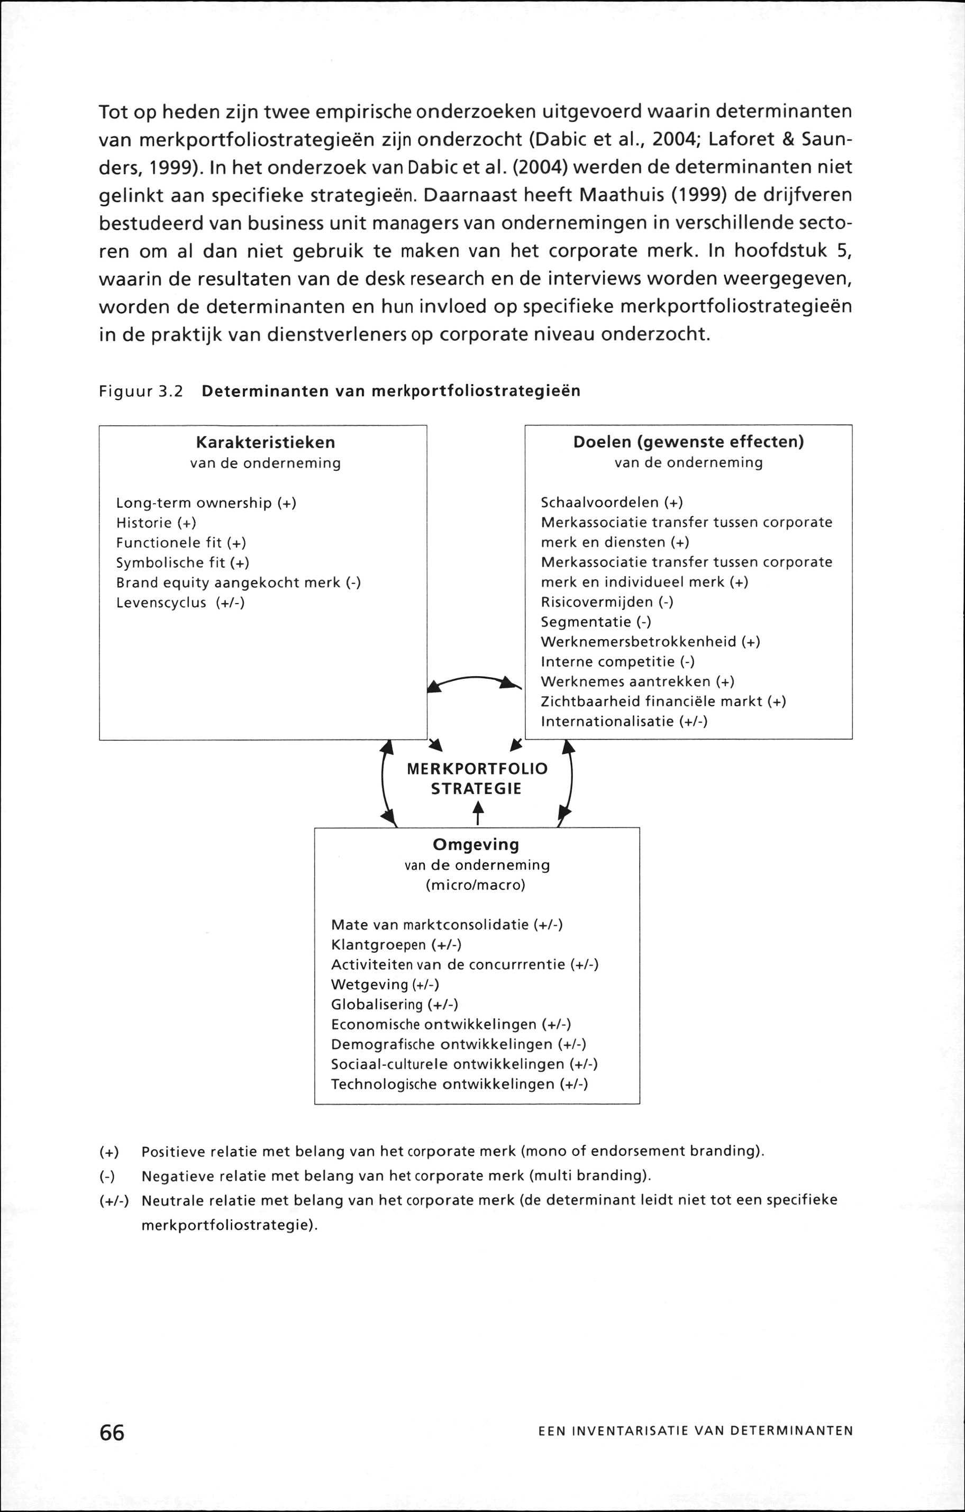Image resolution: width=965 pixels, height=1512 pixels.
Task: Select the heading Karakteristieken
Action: (x=265, y=443)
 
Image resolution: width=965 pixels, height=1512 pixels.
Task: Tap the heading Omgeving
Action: (x=477, y=844)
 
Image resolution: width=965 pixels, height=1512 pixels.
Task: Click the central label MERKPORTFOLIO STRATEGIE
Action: (x=477, y=779)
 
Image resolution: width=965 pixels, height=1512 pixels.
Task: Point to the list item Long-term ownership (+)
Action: (x=206, y=503)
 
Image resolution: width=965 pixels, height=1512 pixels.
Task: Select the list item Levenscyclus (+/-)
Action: (x=180, y=603)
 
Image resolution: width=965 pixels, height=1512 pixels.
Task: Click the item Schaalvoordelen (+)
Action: (x=612, y=503)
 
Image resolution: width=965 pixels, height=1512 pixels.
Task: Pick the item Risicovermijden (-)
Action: (x=606, y=602)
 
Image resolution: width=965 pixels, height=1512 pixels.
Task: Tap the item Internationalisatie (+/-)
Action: (x=624, y=722)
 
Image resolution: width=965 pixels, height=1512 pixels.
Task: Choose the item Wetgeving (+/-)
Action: (x=384, y=985)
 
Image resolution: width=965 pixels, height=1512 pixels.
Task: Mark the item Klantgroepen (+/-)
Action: (x=396, y=945)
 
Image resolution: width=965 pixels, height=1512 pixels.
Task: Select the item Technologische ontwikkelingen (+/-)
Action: (x=459, y=1085)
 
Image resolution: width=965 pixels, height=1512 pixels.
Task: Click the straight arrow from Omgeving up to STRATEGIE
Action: (x=478, y=813)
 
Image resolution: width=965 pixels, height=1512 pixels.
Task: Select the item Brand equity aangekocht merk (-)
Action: (x=238, y=582)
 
